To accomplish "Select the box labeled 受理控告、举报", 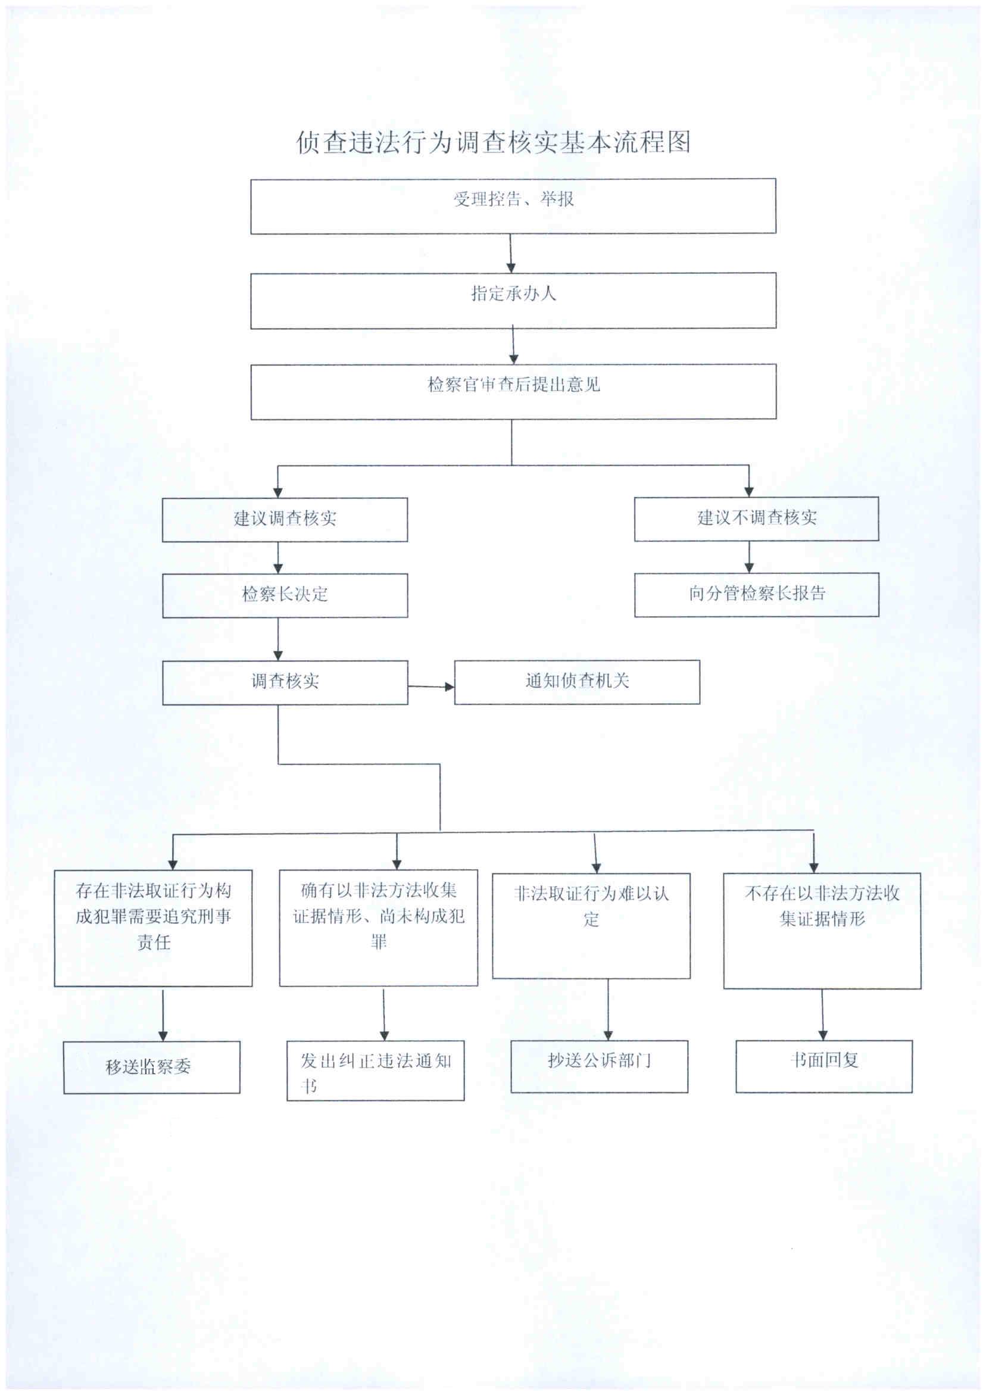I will point(513,206).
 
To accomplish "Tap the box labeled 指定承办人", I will point(513,301).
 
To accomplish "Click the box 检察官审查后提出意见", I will point(513,391).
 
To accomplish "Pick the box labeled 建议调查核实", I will point(285,520).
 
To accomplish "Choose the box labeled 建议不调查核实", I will point(756,518).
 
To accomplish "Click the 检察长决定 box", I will point(285,595).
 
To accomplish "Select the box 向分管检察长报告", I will point(756,594).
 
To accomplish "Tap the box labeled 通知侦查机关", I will point(576,682).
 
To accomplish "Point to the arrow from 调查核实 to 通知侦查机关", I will point(430,686).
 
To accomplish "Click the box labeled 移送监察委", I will point(151,1067).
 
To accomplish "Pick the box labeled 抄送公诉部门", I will point(599,1066).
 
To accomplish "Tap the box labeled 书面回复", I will point(824,1066).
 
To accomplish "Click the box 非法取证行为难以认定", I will point(591,925).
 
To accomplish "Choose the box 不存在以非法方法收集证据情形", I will point(822,930).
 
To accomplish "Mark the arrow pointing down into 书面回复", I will point(823,1014).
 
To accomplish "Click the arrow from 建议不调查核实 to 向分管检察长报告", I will point(749,557).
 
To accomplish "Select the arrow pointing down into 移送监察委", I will point(163,1013).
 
